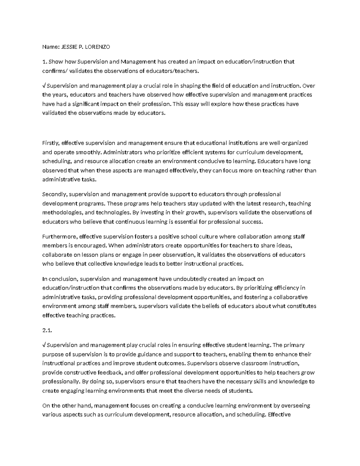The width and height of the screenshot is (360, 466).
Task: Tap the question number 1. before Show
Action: pyautogui.click(x=45, y=62)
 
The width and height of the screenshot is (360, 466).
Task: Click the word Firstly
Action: pyautogui.click(x=51, y=143)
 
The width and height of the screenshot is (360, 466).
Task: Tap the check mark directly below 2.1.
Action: pyautogui.click(x=44, y=345)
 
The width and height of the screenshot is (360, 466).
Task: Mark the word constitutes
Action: pyautogui.click(x=301, y=306)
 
